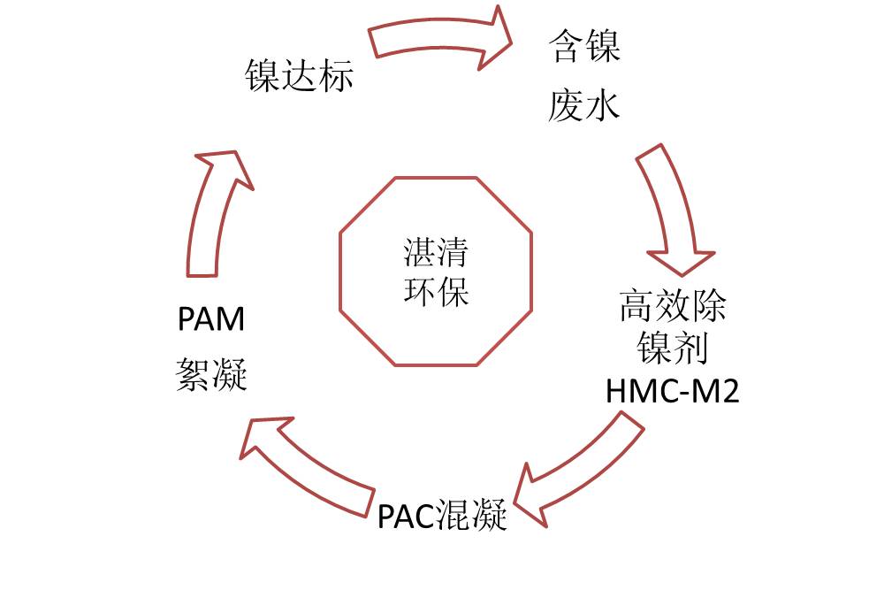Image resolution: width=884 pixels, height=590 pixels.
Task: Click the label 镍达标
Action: pyautogui.click(x=299, y=76)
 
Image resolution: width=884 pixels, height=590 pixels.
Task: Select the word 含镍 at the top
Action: pyautogui.click(x=584, y=46)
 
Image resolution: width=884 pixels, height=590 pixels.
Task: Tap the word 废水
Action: pyautogui.click(x=584, y=106)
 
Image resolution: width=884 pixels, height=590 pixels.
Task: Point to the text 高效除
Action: pyautogui.click(x=672, y=307)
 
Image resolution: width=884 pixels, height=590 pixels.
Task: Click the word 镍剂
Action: pyautogui.click(x=672, y=349)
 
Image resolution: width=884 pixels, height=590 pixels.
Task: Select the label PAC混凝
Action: pyautogui.click(x=442, y=515)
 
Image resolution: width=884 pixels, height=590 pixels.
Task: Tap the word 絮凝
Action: pyautogui.click(x=211, y=376)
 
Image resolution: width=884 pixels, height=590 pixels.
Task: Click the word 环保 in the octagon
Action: pyautogui.click(x=436, y=291)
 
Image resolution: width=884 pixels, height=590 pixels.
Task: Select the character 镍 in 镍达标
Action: pyautogui.click(x=262, y=76)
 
